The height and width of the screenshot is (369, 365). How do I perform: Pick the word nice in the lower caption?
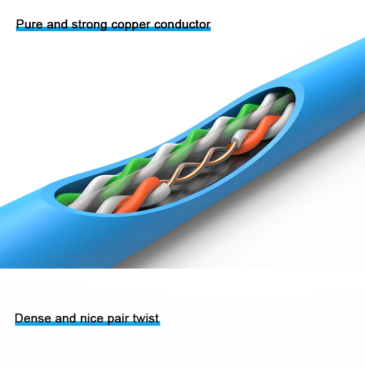coord(91,318)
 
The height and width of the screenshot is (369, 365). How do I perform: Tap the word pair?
coord(117,319)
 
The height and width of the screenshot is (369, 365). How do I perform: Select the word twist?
coord(146,318)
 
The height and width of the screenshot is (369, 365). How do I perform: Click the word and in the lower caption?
coord(65,318)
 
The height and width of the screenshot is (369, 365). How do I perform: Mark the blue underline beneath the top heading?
coord(113,30)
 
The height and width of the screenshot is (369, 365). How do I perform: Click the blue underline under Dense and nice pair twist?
coord(87,325)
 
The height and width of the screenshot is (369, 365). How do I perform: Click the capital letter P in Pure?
coord(20,24)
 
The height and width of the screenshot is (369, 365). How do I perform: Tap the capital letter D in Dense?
coord(19,318)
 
